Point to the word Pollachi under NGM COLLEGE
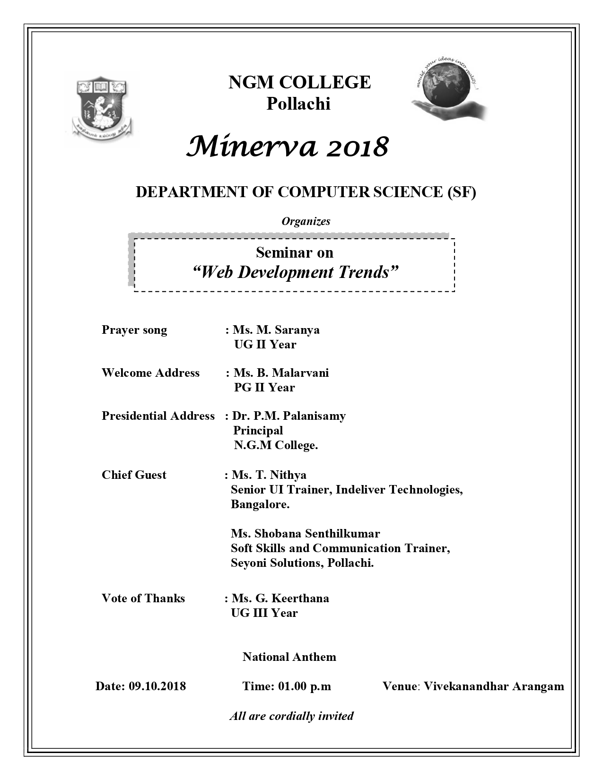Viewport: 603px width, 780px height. click(298, 104)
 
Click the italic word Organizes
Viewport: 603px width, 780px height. click(306, 221)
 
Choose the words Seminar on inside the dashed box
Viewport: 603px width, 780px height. click(295, 252)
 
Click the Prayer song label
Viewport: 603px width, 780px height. click(134, 329)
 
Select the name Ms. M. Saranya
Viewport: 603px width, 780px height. click(276, 329)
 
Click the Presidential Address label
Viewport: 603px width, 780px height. click(158, 416)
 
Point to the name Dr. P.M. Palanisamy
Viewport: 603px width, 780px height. click(289, 416)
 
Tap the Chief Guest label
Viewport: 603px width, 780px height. click(134, 475)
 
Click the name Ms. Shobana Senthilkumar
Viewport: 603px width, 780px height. click(306, 533)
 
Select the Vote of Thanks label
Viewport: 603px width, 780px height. click(143, 598)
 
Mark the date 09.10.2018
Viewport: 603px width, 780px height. click(157, 686)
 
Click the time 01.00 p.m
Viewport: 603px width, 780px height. click(305, 686)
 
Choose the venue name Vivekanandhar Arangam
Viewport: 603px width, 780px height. click(494, 686)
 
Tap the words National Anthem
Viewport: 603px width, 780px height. click(289, 657)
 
